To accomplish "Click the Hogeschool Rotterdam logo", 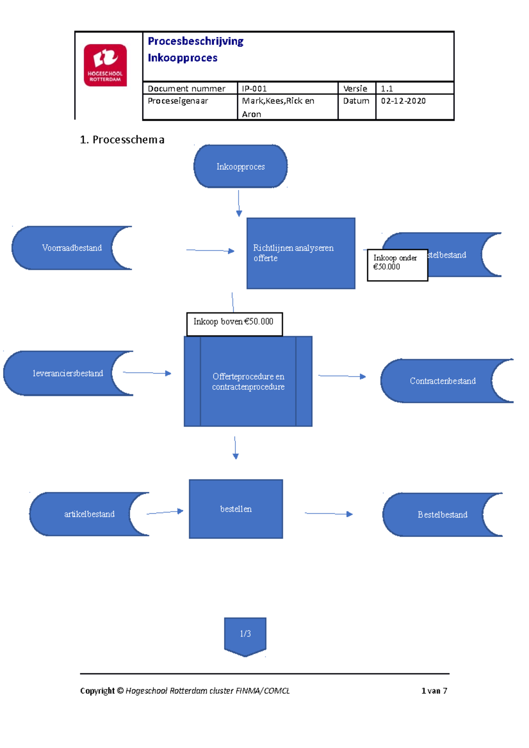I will pos(105,65).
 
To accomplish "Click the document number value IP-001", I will pos(254,89).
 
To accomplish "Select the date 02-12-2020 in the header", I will pos(403,101).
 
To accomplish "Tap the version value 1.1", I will pos(387,89).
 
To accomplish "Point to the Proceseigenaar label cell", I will pos(178,101).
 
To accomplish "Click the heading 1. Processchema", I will pos(122,140).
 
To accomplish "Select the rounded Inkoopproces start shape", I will pos(240,167).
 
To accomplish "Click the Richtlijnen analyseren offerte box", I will pos(301,253).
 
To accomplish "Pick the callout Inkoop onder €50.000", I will pos(397,265).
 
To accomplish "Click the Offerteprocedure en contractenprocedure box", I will pos(248,381).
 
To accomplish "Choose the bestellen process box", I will pos(236,509).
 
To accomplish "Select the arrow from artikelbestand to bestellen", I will pos(164,512).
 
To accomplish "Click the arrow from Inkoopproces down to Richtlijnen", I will pos(238,203).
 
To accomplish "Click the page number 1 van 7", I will pos(434,691).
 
